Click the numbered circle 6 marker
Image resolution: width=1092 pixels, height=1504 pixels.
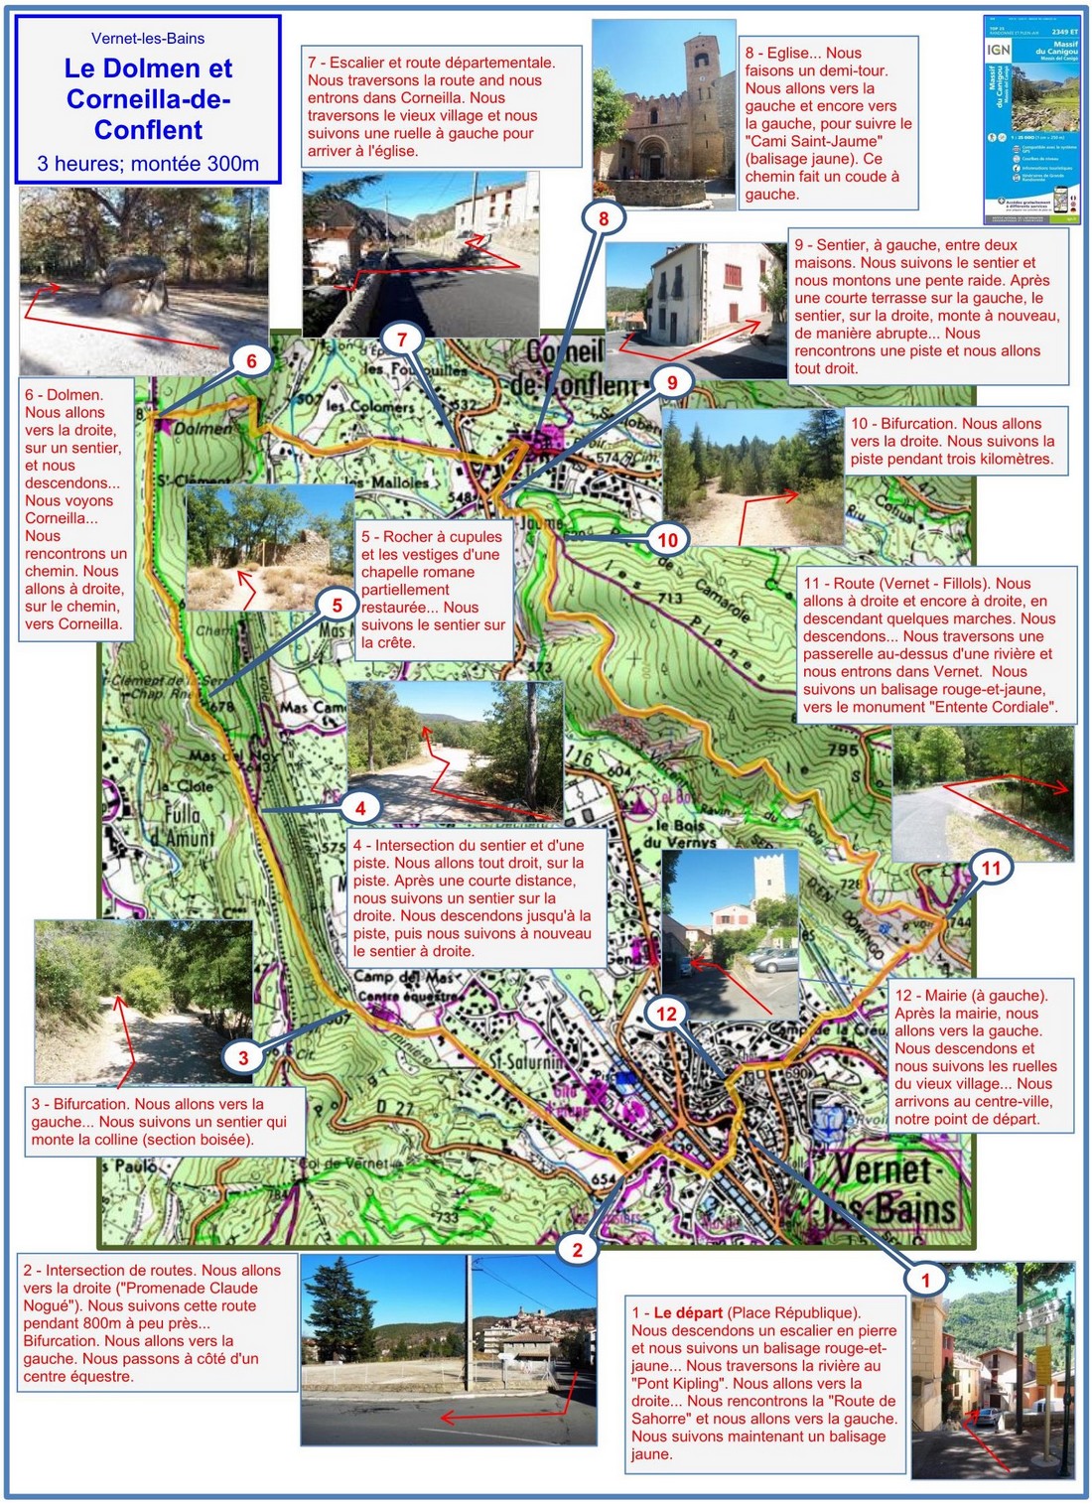(251, 361)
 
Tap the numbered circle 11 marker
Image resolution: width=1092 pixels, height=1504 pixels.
(991, 869)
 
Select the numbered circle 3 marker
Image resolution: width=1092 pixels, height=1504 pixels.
(243, 1058)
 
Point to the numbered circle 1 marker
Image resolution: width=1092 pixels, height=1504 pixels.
(925, 1280)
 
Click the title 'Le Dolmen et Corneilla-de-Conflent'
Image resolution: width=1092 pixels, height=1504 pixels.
(148, 99)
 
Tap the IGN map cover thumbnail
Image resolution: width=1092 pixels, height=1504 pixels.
(1031, 119)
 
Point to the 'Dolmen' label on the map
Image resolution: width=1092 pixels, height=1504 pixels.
(204, 429)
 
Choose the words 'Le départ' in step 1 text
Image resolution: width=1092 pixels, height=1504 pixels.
(687, 1312)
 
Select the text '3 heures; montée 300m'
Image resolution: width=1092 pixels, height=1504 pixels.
(148, 164)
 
